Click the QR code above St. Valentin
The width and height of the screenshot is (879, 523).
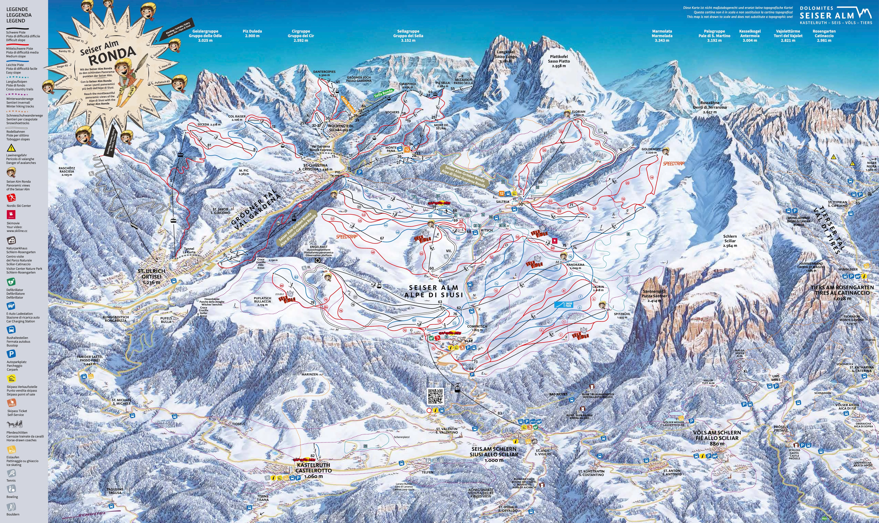tap(435, 397)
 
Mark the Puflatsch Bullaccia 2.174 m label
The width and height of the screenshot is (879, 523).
tap(262, 302)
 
